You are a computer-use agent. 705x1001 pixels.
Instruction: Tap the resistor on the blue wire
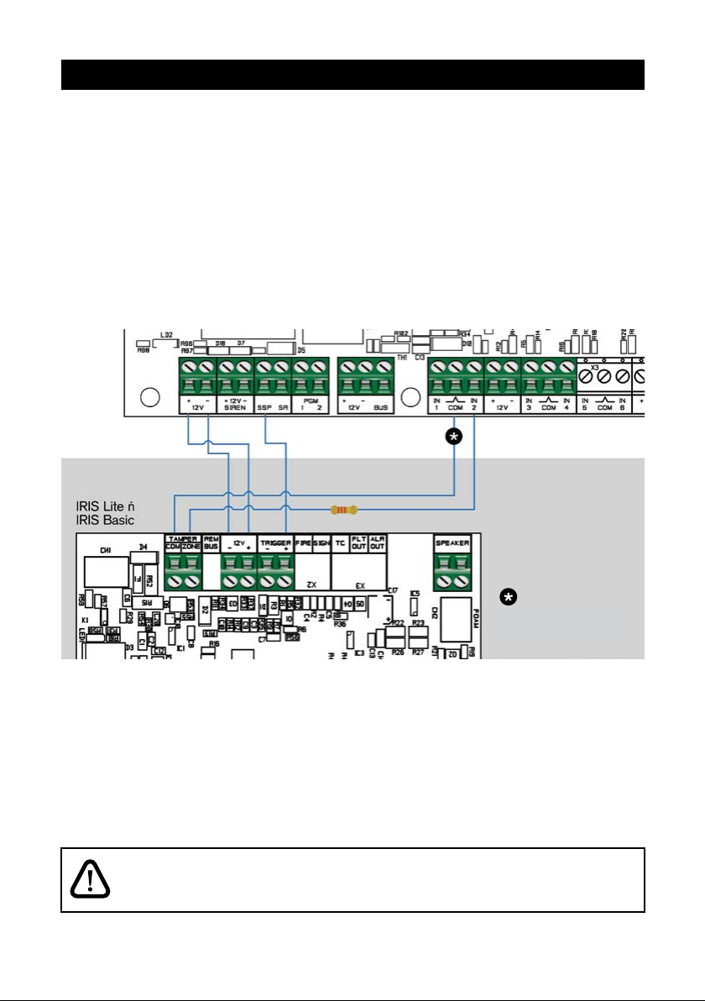343,510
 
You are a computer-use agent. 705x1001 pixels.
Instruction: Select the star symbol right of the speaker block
508,597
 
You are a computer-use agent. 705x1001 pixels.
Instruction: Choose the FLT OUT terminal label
358,542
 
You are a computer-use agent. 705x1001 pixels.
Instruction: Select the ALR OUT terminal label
377,542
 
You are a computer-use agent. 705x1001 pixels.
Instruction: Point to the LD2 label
167,335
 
